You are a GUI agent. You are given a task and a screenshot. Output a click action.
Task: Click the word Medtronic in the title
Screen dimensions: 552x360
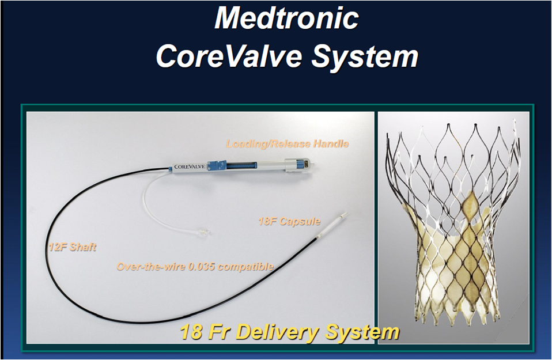point(286,18)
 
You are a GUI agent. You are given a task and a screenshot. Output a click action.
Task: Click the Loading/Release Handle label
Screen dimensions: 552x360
point(288,144)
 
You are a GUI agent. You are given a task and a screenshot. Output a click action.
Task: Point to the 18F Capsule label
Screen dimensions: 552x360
point(289,221)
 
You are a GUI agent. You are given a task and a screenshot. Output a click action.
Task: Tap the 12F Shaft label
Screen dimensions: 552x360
point(73,247)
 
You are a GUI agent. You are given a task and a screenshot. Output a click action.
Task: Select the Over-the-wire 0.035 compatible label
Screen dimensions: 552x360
point(195,266)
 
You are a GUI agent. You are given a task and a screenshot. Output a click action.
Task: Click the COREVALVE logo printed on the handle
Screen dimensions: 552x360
point(189,166)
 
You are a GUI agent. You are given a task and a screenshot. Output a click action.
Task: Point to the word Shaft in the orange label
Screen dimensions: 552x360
point(83,247)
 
